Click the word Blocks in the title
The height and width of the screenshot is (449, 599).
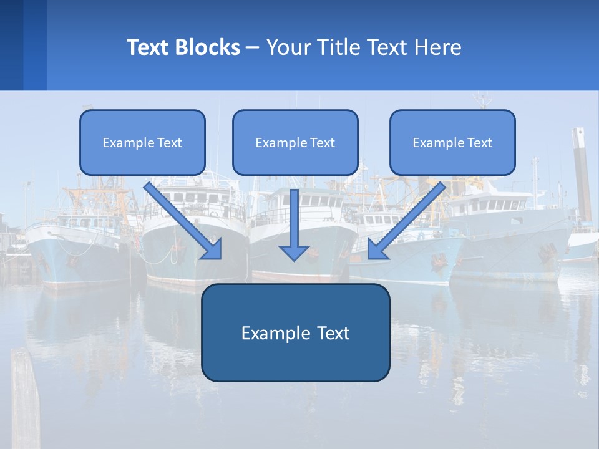208,47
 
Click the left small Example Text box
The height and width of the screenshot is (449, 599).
142,142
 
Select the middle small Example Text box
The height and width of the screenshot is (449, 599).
295,142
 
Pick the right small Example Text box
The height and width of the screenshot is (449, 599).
452,142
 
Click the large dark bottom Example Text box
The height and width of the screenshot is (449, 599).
295,332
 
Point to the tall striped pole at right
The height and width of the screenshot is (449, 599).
582,175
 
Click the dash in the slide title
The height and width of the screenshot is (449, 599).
253,47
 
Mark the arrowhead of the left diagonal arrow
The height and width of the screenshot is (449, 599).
212,249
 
